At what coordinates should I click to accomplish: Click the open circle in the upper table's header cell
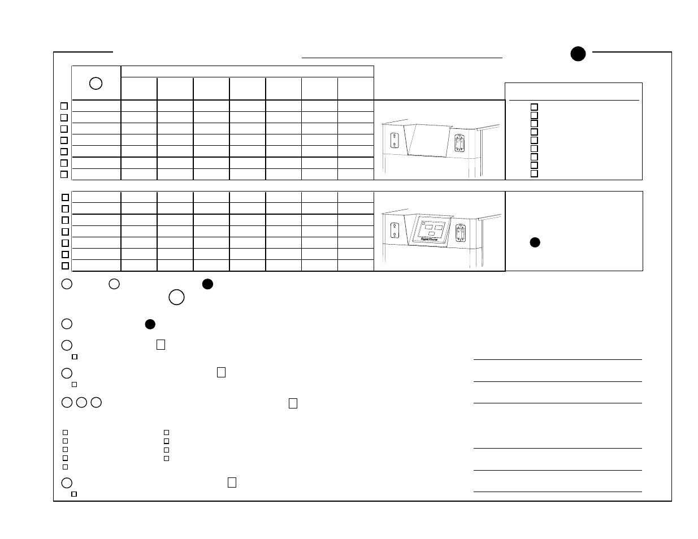point(96,83)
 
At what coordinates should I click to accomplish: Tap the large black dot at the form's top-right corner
point(578,54)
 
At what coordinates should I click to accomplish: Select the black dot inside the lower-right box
point(535,242)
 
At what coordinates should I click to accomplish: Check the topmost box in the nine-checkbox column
point(534,107)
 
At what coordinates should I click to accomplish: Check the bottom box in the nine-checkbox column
point(534,173)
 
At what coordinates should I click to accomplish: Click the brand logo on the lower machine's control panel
point(430,239)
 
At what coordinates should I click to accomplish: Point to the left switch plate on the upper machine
point(394,140)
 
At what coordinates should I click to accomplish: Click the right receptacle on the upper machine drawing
point(459,142)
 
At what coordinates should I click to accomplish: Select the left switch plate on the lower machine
point(394,230)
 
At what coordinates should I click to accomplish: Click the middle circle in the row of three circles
point(81,403)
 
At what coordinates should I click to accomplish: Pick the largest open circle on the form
point(176,297)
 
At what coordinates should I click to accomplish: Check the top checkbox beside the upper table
point(64,106)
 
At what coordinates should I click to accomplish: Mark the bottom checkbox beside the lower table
point(65,266)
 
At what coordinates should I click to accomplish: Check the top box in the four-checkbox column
point(167,432)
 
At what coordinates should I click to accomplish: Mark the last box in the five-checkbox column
point(65,467)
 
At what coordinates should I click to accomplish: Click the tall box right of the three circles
point(293,403)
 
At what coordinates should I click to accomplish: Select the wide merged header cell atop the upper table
point(248,71)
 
